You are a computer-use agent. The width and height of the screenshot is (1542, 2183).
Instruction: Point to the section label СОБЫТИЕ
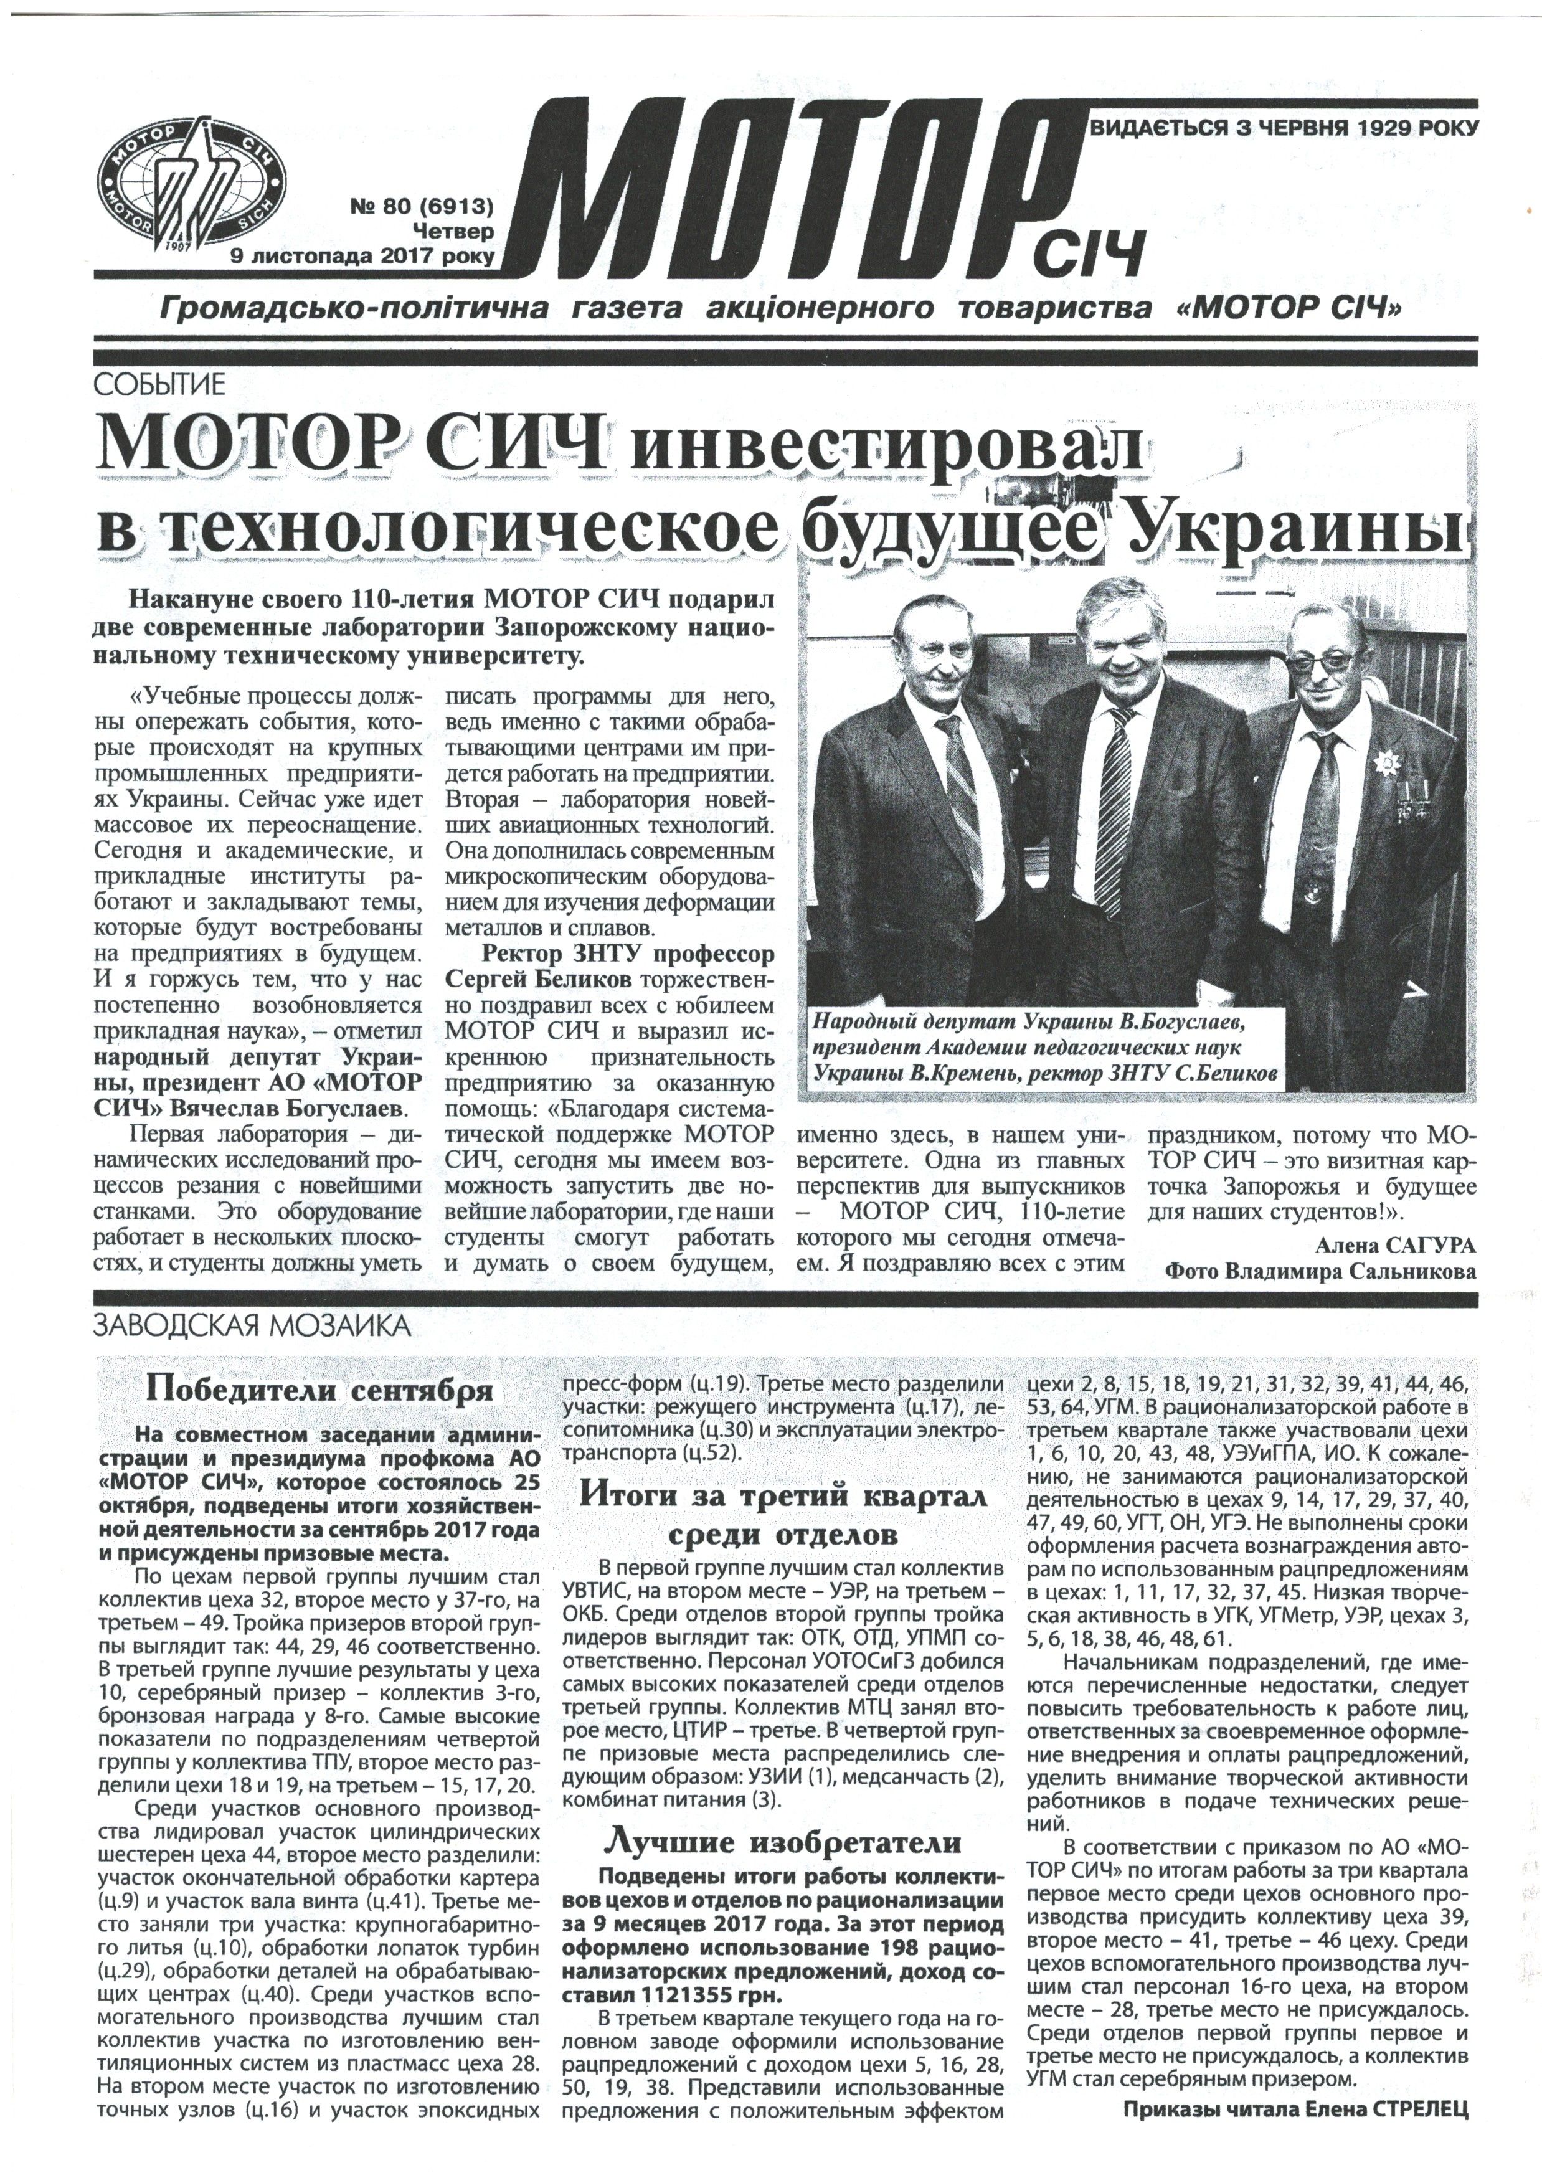(x=159, y=385)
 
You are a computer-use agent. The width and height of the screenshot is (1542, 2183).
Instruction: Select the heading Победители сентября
(x=318, y=1391)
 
